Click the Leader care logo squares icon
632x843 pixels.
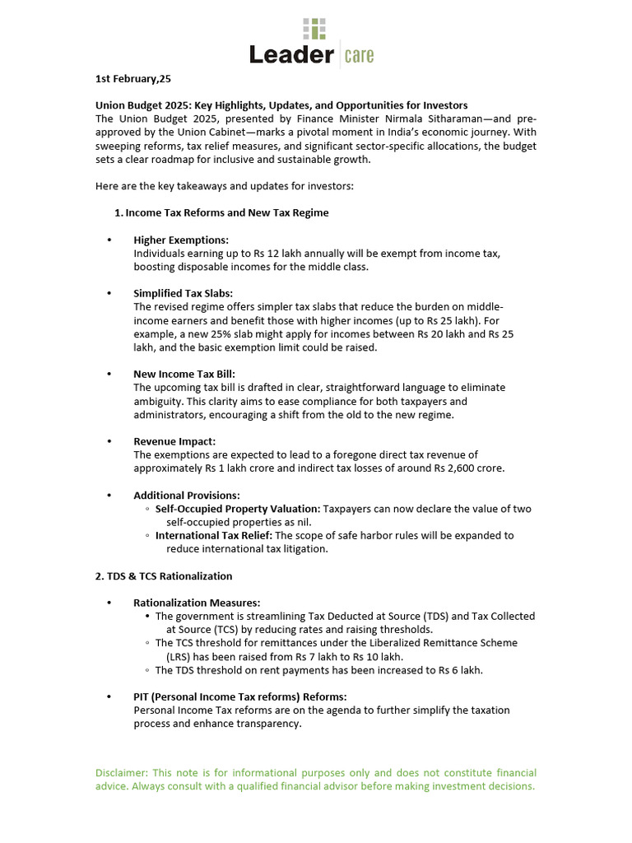(x=314, y=29)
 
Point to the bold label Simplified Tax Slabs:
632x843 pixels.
(x=184, y=293)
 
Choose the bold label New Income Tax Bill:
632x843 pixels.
(x=184, y=374)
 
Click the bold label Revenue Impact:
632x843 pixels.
(x=174, y=441)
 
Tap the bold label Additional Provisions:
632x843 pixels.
(x=187, y=496)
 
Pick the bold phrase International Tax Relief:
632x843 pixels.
(x=214, y=535)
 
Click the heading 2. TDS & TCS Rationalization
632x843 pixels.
(x=164, y=576)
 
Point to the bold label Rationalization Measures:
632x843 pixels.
(x=197, y=603)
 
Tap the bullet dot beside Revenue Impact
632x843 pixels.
(x=109, y=441)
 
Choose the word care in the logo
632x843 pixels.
(x=360, y=55)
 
